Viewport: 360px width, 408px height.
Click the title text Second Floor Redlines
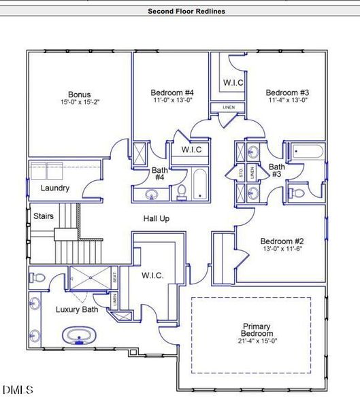(186, 11)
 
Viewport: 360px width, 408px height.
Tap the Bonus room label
(79, 95)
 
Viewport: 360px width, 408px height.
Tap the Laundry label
(55, 188)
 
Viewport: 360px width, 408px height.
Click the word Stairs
(44, 216)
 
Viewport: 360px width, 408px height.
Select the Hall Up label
(156, 218)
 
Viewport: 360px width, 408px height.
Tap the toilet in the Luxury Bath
(37, 278)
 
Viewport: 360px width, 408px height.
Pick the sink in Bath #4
(151, 195)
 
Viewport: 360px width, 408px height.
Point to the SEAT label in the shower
(115, 277)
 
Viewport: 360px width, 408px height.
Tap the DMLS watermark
(18, 390)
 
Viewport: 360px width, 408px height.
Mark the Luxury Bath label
(76, 310)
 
